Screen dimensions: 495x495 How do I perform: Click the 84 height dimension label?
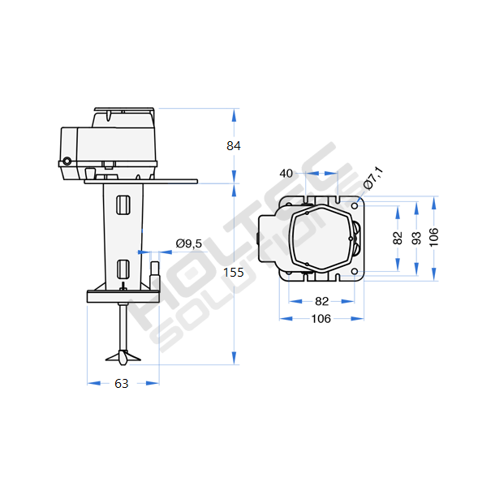pyautogui.click(x=234, y=146)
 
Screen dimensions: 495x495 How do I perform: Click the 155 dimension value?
pyautogui.click(x=234, y=273)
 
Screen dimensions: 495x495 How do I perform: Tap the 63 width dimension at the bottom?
pyautogui.click(x=122, y=384)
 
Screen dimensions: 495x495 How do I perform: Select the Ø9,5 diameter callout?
pyautogui.click(x=189, y=243)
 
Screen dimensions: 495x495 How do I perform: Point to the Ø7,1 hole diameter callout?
pyautogui.click(x=373, y=178)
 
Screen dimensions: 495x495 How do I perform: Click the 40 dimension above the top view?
pyautogui.click(x=286, y=174)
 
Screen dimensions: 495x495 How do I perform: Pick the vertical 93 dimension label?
pyautogui.click(x=416, y=238)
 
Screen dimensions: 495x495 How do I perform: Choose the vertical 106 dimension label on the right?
pyautogui.click(x=434, y=237)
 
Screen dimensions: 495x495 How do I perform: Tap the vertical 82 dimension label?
pyautogui.click(x=398, y=238)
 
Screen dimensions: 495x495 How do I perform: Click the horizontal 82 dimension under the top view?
pyautogui.click(x=321, y=302)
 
